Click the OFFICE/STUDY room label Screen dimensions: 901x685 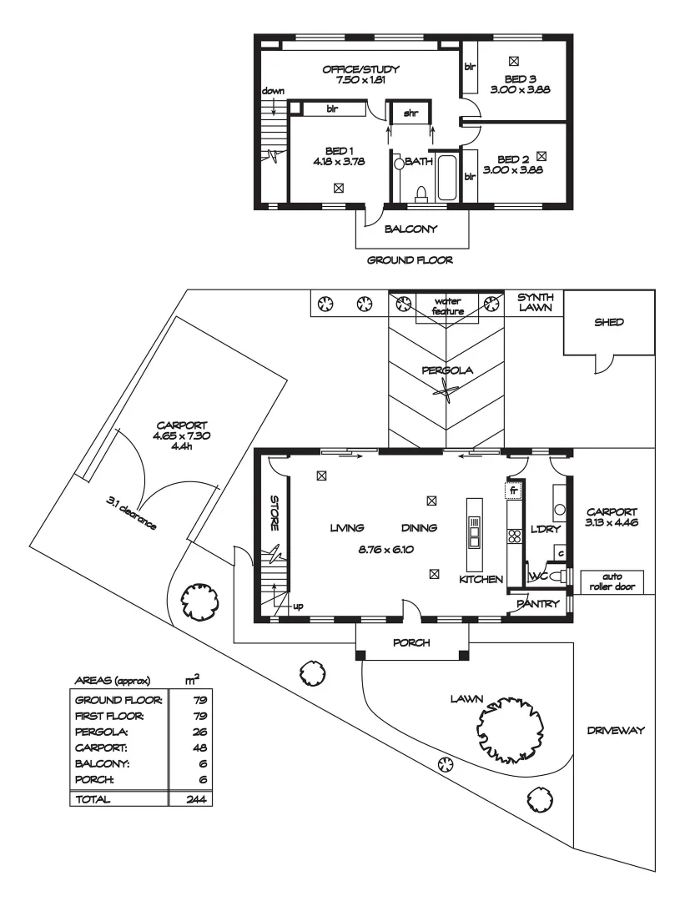point(361,69)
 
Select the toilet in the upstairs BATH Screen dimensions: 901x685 point(421,194)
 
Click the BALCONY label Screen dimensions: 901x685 point(410,228)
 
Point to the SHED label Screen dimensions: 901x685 point(609,322)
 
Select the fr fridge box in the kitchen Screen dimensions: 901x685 point(515,491)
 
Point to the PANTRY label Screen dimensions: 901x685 point(538,603)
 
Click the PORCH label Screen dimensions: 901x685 point(411,643)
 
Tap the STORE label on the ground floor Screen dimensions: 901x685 point(273,515)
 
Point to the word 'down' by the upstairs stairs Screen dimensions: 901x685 point(272,90)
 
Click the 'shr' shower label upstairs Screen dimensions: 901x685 point(410,113)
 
